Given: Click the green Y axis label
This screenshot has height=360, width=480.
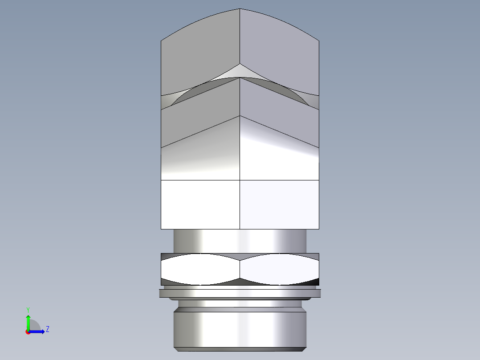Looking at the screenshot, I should tap(28, 309).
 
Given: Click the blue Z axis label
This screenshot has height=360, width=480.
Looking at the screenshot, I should tap(47, 329).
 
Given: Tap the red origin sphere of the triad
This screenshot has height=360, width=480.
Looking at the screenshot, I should tap(28, 331).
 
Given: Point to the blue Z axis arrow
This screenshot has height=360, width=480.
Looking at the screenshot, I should tap(39, 331).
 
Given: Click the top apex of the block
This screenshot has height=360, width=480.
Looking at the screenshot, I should tap(240, 9).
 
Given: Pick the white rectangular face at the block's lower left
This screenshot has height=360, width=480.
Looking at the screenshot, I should tap(200, 205).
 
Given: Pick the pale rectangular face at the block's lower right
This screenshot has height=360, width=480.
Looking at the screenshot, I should tap(280, 205).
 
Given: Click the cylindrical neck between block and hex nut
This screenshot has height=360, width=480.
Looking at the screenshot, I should tap(240, 241).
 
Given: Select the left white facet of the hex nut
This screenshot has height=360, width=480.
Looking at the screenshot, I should tap(200, 270).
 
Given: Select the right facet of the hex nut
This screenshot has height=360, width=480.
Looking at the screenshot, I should tap(280, 270).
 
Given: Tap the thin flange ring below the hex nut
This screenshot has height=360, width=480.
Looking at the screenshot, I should tap(240, 293).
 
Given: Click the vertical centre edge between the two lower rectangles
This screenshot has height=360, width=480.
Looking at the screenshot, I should tap(240, 205).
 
